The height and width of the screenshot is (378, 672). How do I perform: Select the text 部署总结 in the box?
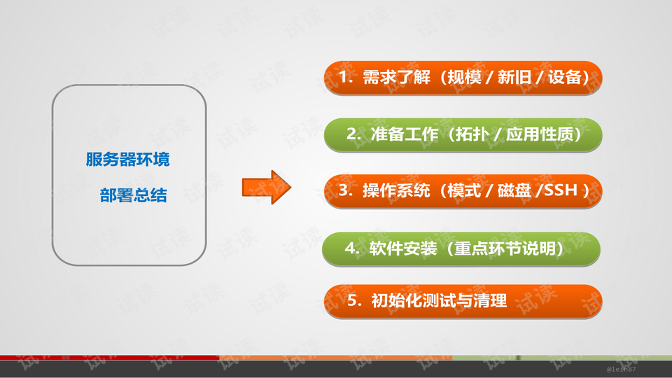pos(133,196)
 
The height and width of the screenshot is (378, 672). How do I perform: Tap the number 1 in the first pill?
pos(343,76)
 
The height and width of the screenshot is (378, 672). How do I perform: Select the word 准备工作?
pos(406,134)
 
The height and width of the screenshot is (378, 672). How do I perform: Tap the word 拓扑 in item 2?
pos(472,134)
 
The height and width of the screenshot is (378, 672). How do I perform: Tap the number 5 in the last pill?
pos(353,301)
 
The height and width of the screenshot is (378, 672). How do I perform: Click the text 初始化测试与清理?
pos(439,301)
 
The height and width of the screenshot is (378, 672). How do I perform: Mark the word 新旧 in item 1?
pos(514,76)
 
